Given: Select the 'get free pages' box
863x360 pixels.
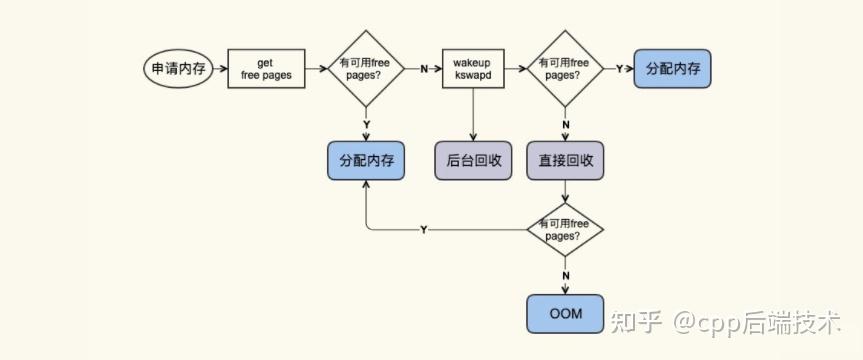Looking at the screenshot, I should [x=266, y=69].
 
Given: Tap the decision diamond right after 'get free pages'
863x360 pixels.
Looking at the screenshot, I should [x=366, y=69].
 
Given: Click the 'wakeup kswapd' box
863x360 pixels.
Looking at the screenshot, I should [x=472, y=69].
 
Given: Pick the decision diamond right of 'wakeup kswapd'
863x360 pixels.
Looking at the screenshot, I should [x=566, y=69].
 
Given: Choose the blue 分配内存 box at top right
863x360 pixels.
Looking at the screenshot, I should [x=672, y=69].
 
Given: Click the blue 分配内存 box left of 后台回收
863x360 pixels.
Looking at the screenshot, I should [x=366, y=160].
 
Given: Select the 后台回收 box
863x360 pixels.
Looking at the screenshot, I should [x=472, y=160].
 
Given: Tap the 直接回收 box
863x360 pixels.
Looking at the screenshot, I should [x=566, y=160].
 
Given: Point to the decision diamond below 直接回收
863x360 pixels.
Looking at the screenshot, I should [x=566, y=230].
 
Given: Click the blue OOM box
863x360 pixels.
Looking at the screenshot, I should [x=566, y=314].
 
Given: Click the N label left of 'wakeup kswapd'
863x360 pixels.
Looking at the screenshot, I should [x=424, y=69].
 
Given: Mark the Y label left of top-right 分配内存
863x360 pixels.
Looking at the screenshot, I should [x=619, y=69].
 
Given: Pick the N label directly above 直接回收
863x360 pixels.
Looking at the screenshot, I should [x=566, y=124].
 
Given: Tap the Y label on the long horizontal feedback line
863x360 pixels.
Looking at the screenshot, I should [x=424, y=230].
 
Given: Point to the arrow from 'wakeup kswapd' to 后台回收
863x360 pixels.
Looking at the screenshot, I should [x=472, y=115].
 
